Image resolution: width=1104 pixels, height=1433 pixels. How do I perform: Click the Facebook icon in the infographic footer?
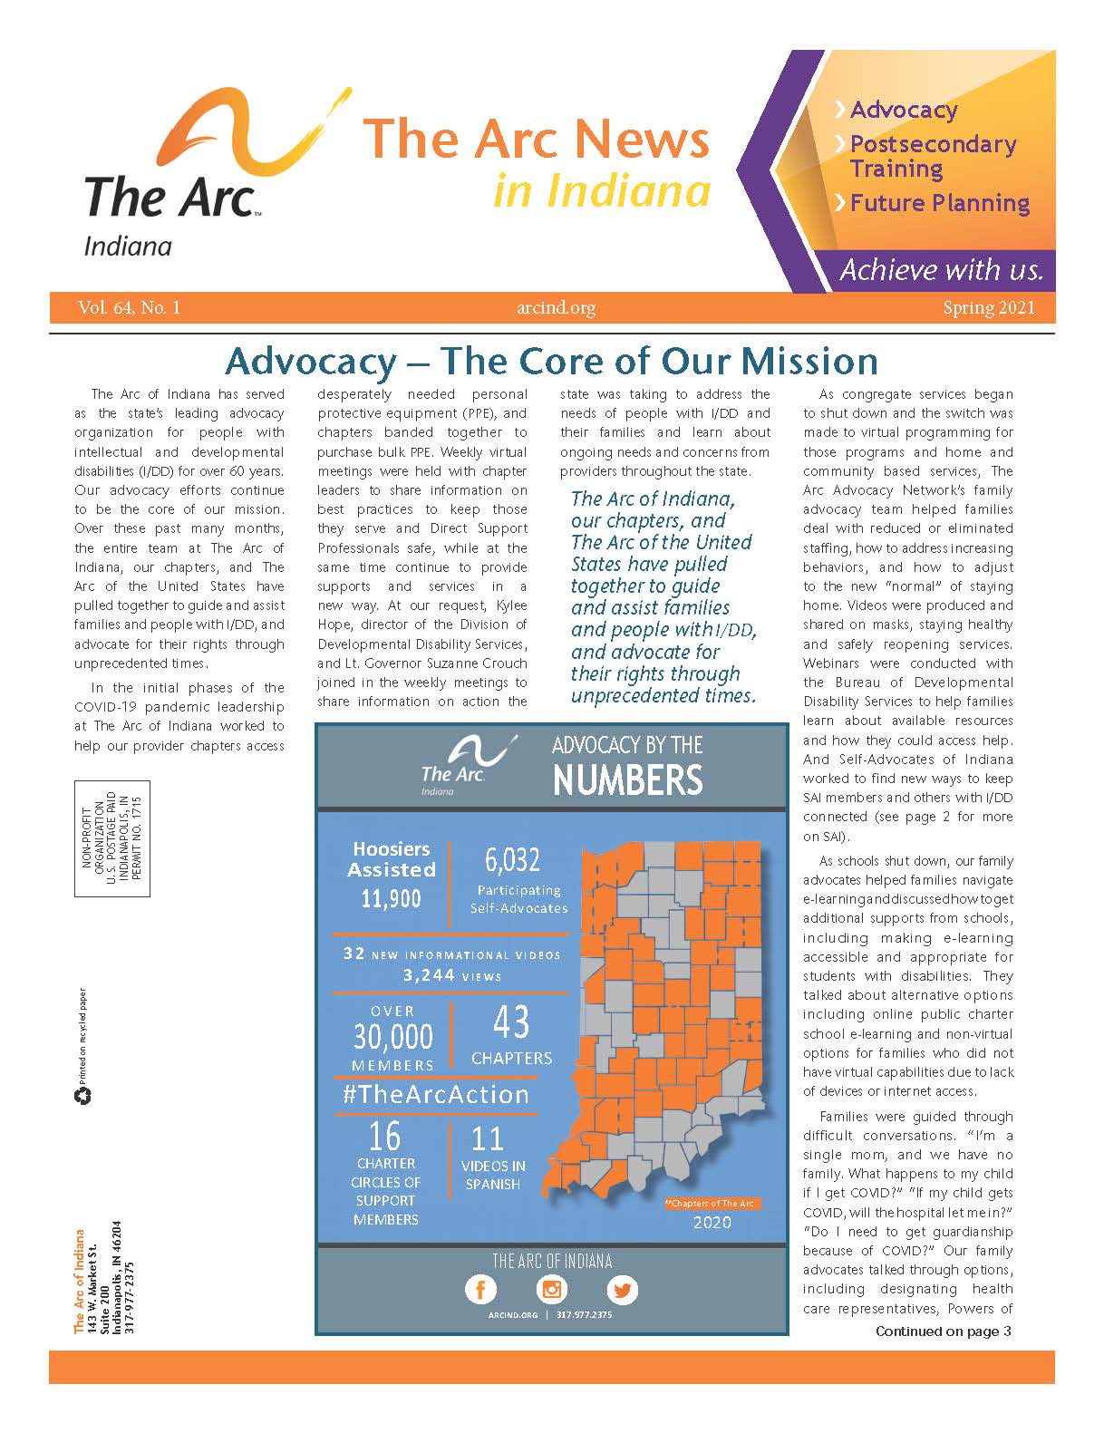coord(480,1289)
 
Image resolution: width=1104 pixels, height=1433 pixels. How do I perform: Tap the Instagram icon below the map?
coord(551,1289)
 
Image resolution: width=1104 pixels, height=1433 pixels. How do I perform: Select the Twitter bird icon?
coord(622,1289)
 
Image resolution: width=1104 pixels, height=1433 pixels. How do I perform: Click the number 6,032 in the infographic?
coord(512,859)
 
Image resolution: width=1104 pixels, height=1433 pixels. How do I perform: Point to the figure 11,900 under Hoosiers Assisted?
coord(391,898)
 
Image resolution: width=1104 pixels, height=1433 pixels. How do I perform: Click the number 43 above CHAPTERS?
coord(511,1022)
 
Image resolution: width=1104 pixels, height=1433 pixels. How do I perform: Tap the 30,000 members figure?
coord(393,1036)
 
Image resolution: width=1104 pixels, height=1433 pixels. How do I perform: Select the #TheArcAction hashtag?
coord(435,1094)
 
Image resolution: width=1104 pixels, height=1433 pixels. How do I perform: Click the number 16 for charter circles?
coord(384,1135)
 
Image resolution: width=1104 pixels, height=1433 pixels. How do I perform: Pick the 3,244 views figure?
coord(429,976)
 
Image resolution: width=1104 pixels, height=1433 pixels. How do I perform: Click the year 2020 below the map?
coord(712,1222)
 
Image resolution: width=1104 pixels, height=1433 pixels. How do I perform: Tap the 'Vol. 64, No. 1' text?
coord(129,308)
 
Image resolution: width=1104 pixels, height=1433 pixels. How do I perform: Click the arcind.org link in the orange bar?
coord(556,308)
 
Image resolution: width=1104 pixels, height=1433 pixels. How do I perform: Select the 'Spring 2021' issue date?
coord(988,308)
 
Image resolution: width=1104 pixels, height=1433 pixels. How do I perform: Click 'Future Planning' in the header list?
coord(939,203)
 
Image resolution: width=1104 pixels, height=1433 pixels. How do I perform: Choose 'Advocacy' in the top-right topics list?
coord(903,111)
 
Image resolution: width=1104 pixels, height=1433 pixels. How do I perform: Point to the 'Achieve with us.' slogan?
coord(941,270)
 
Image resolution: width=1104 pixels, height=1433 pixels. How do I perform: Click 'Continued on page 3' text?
coord(943,1331)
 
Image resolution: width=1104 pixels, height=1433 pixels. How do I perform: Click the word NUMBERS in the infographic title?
coord(627,779)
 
